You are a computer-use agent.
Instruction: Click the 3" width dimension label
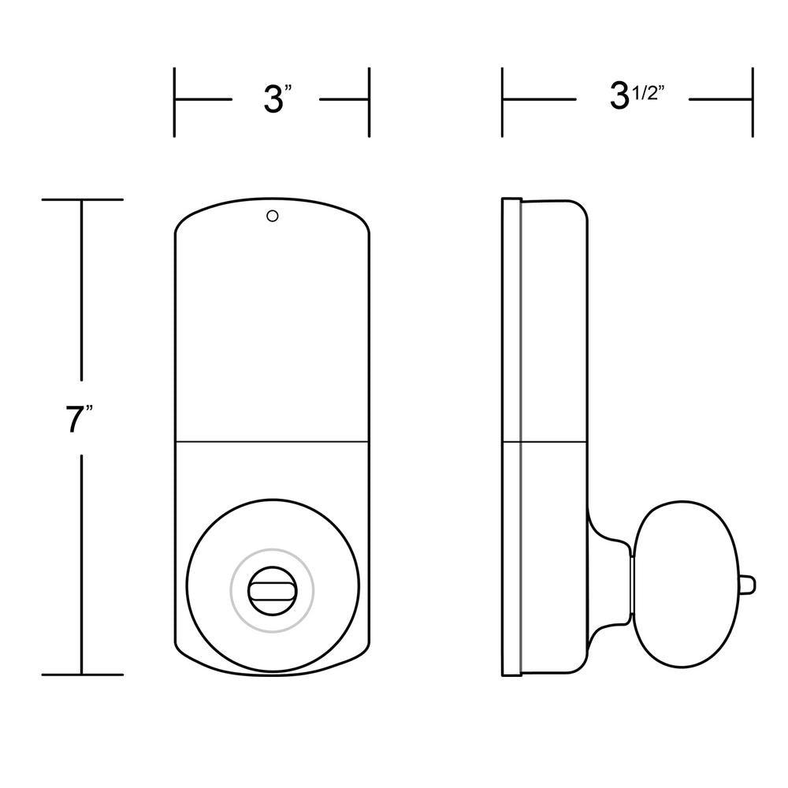click(x=278, y=99)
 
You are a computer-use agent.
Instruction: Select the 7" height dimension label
click(x=79, y=418)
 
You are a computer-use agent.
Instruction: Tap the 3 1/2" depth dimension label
click(x=637, y=95)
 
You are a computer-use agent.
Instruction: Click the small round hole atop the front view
click(x=273, y=216)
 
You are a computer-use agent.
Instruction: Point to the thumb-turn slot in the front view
click(x=272, y=590)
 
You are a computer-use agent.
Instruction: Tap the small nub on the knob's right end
click(x=749, y=585)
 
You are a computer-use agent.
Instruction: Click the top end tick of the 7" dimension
click(x=83, y=199)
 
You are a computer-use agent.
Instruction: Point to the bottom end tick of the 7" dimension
click(x=83, y=675)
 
